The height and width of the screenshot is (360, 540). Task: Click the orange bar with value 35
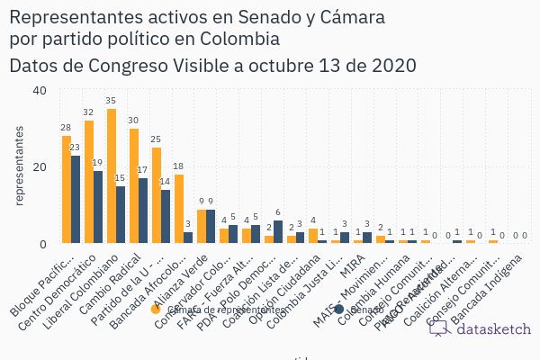pyautogui.click(x=112, y=176)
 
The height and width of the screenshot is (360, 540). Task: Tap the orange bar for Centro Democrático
pyautogui.click(x=89, y=182)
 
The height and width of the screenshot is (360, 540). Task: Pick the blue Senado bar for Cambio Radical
pyautogui.click(x=143, y=211)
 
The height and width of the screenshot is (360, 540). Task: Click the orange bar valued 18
pyautogui.click(x=178, y=209)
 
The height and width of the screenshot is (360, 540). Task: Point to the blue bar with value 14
pyautogui.click(x=166, y=217)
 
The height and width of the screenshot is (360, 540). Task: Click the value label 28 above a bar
pyautogui.click(x=66, y=128)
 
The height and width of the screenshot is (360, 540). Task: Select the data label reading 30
pyautogui.click(x=133, y=121)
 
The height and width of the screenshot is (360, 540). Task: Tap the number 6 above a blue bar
pyautogui.click(x=277, y=212)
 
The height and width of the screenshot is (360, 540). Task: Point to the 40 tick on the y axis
pyautogui.click(x=40, y=90)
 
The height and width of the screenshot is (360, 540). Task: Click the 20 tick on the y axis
pyautogui.click(x=40, y=166)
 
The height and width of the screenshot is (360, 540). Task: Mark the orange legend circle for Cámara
pyautogui.click(x=156, y=310)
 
